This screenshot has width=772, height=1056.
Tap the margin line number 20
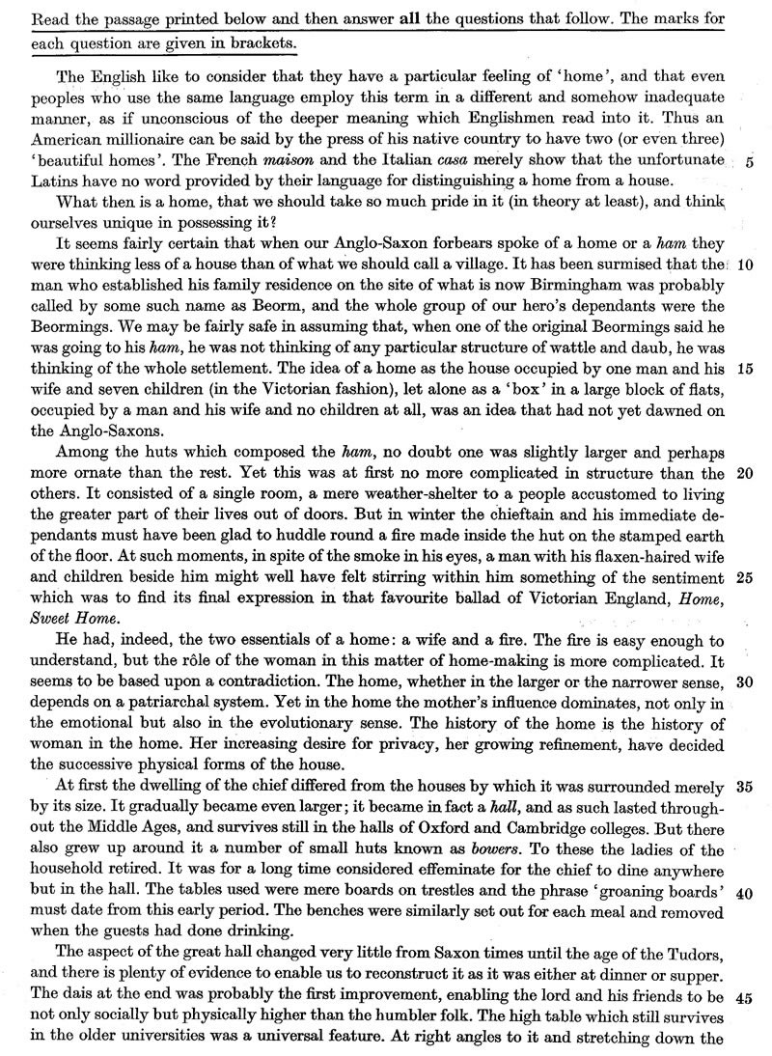(x=744, y=474)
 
